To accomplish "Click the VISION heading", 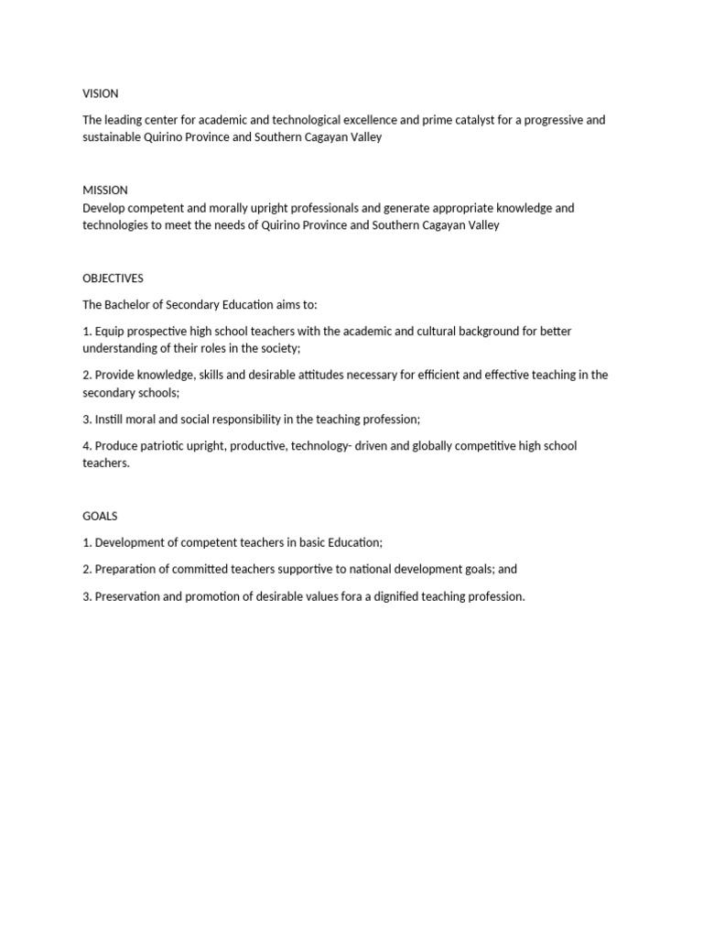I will (101, 93).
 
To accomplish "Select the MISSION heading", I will (105, 191).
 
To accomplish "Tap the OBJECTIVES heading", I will (113, 278).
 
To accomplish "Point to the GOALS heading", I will (100, 517).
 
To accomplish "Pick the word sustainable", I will (112, 137).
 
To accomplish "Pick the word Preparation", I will (127, 569).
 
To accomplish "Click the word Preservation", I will (130, 596).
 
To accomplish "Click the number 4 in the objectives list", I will (87, 446).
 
